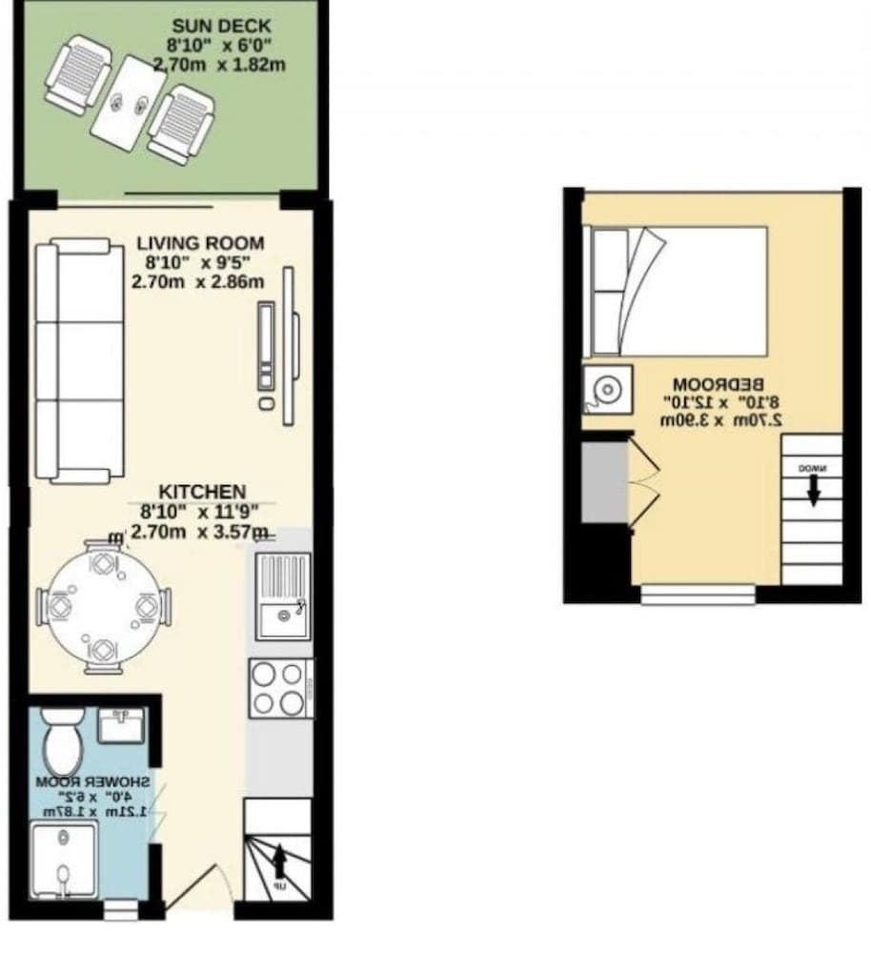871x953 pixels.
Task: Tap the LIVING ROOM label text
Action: (x=199, y=244)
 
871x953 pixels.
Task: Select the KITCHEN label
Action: (x=201, y=492)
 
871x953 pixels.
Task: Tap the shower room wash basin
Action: (x=121, y=726)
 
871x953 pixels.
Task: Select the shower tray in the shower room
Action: (x=63, y=861)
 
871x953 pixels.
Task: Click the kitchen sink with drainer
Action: (x=282, y=596)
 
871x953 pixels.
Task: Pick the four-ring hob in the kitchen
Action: (x=280, y=688)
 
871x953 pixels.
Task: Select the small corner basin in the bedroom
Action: (x=606, y=389)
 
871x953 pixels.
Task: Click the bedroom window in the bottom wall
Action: (x=698, y=596)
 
